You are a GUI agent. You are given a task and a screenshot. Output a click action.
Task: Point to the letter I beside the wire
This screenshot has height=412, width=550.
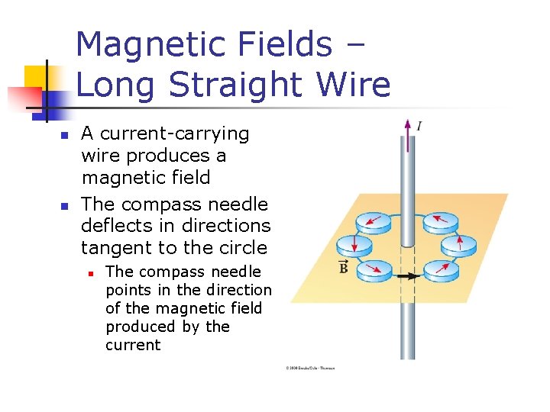point(419,125)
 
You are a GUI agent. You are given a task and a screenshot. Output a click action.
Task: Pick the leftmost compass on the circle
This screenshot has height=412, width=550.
point(354,246)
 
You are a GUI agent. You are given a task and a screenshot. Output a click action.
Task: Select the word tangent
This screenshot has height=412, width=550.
point(113,247)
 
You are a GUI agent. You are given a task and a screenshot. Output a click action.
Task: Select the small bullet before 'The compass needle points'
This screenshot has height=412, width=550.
point(90,272)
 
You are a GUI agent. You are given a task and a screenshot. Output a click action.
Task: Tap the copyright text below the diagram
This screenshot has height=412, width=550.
point(310,369)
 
